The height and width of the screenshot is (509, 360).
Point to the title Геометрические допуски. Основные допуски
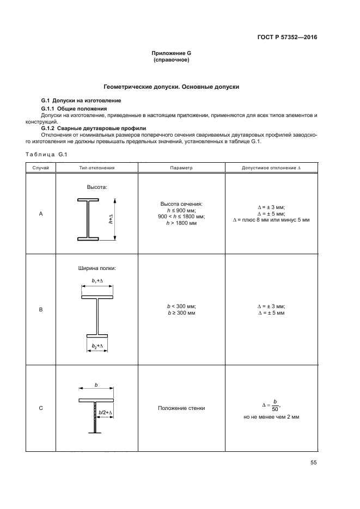(172, 87)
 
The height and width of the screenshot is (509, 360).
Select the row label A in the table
(41, 214)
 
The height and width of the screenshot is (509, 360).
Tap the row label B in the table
(41, 310)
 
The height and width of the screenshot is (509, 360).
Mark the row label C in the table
(41, 408)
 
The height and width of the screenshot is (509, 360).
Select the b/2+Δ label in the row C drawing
(106, 413)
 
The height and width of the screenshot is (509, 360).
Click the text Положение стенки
(181, 408)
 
